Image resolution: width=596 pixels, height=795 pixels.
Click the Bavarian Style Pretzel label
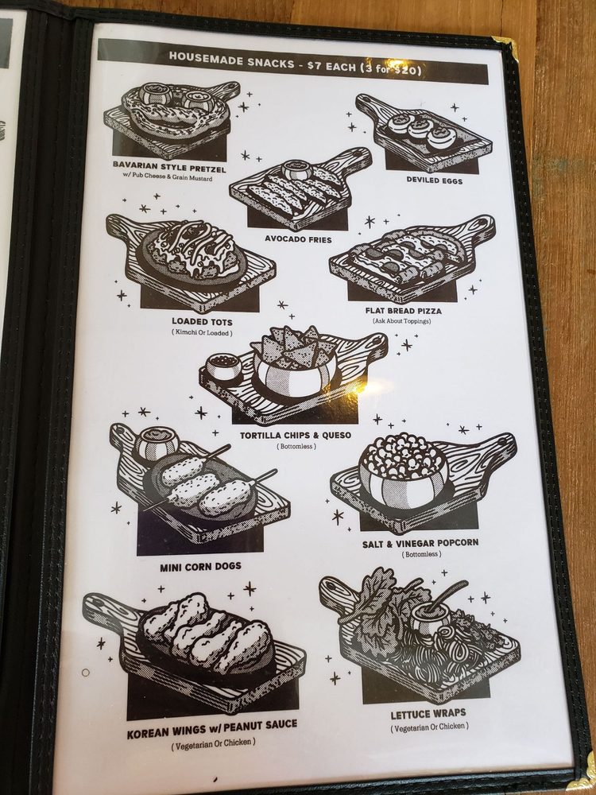pyautogui.click(x=168, y=167)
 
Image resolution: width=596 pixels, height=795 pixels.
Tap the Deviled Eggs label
pyautogui.click(x=435, y=180)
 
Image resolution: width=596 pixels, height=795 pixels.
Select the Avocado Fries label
pyautogui.click(x=298, y=238)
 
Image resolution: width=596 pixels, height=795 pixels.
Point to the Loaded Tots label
pyautogui.click(x=202, y=321)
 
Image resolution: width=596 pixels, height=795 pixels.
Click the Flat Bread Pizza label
pyautogui.click(x=404, y=311)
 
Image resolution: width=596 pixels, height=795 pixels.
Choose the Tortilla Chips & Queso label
pyautogui.click(x=296, y=435)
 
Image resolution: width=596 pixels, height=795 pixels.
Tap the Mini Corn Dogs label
pyautogui.click(x=201, y=567)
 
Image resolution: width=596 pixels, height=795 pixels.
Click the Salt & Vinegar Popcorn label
pyautogui.click(x=420, y=544)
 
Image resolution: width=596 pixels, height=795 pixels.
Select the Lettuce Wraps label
pyautogui.click(x=428, y=715)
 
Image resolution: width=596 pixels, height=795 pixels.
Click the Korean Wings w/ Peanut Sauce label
pyautogui.click(x=212, y=729)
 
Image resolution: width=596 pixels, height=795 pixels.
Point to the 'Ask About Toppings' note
pyautogui.click(x=401, y=321)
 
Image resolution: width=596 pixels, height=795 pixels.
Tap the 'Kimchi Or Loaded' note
pyautogui.click(x=202, y=333)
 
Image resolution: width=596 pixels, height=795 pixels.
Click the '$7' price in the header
pyautogui.click(x=314, y=66)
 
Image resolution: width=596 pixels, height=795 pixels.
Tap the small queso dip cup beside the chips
pyautogui.click(x=223, y=366)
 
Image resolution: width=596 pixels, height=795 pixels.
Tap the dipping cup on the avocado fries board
pyautogui.click(x=297, y=170)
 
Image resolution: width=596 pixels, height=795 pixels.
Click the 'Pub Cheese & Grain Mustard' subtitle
pyautogui.click(x=168, y=177)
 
